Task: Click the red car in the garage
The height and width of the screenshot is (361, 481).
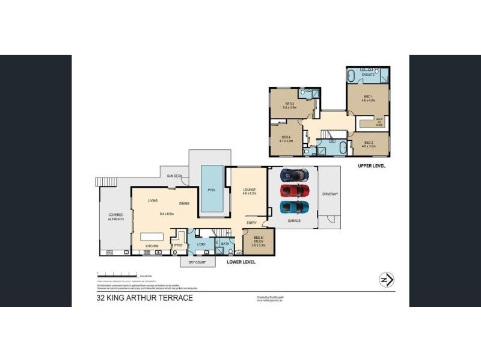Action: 295,191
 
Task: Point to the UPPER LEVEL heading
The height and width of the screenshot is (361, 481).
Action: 371,165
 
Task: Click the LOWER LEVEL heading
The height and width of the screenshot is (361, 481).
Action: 241,262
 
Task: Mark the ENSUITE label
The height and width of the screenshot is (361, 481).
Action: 368,75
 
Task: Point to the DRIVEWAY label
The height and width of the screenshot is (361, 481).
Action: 330,194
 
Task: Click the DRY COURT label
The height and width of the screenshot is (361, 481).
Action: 197,263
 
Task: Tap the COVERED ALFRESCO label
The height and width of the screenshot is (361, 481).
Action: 115,217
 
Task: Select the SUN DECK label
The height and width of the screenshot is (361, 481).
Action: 176,176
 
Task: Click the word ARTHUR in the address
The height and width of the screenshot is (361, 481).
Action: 151,298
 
